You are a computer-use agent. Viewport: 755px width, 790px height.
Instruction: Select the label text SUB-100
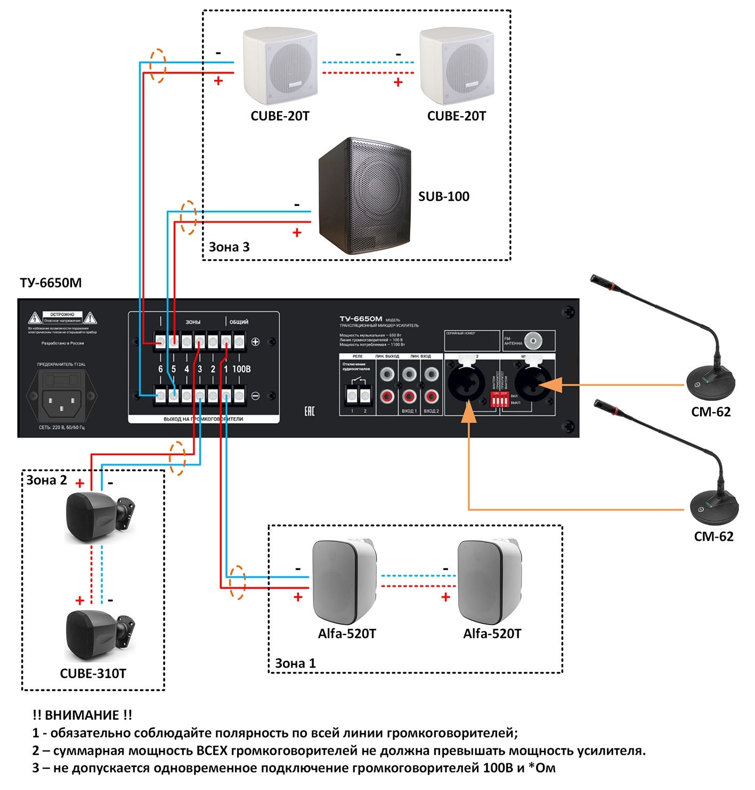coord(443,196)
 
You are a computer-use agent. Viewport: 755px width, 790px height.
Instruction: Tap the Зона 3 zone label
coord(229,247)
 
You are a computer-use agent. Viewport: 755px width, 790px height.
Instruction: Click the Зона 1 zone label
coord(295,663)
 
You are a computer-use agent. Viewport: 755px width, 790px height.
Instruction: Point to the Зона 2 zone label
coord(47,480)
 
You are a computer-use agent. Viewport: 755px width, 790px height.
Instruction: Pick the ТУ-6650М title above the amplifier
coord(51,283)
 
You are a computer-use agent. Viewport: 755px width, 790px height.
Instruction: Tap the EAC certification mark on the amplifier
coord(309,410)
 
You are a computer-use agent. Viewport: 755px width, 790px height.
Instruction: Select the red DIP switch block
coord(500,399)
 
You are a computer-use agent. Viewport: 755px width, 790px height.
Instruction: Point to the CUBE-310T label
coord(93,673)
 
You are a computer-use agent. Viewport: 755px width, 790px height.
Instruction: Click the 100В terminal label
coord(241,369)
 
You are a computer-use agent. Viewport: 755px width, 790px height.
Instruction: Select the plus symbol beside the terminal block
coord(255,342)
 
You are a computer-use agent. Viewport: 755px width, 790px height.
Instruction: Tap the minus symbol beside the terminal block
coord(255,396)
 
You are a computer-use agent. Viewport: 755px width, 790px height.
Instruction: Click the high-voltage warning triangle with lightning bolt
coord(35,318)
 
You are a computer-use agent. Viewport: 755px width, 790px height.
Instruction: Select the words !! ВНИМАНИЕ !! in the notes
coord(82,715)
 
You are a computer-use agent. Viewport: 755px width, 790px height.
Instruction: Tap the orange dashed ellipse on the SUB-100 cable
coord(188,217)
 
